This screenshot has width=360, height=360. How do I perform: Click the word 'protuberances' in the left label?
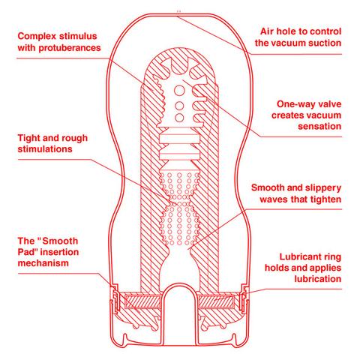(x=70, y=48)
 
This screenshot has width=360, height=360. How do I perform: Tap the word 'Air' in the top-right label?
(x=267, y=31)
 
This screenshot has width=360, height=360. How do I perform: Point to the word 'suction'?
(x=325, y=43)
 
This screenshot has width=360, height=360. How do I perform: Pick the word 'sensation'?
(x=319, y=126)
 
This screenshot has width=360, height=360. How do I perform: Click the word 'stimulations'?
(x=45, y=149)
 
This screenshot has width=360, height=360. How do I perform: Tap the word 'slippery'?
(x=321, y=188)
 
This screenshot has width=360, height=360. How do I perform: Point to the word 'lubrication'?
(x=318, y=279)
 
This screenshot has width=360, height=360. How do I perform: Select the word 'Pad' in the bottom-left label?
(x=27, y=252)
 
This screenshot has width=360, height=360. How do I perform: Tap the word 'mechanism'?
(x=43, y=263)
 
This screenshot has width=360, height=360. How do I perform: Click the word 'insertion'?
(x=59, y=252)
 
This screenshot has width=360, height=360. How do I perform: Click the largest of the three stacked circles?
(x=179, y=91)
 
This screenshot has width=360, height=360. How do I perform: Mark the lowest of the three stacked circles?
(x=179, y=118)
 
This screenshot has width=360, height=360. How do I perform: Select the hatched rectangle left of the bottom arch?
(x=142, y=301)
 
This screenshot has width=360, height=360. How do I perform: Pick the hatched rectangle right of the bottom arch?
(x=216, y=301)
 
